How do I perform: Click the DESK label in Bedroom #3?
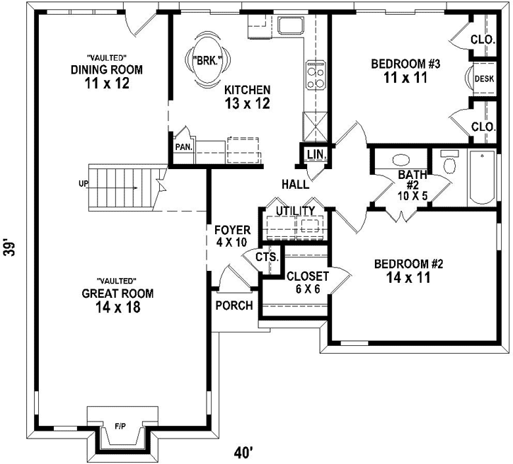click(x=484, y=79)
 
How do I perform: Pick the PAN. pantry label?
click(x=185, y=147)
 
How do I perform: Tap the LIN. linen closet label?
click(x=314, y=154)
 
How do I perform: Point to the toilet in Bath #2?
click(x=448, y=163)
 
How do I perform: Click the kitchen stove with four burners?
click(x=315, y=75)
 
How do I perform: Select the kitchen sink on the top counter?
click(x=289, y=26)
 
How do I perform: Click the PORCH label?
click(x=234, y=306)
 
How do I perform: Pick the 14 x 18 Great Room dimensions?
click(x=117, y=308)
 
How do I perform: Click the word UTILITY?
click(x=295, y=211)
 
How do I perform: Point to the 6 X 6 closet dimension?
click(x=307, y=289)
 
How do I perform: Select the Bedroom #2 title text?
click(x=408, y=265)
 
